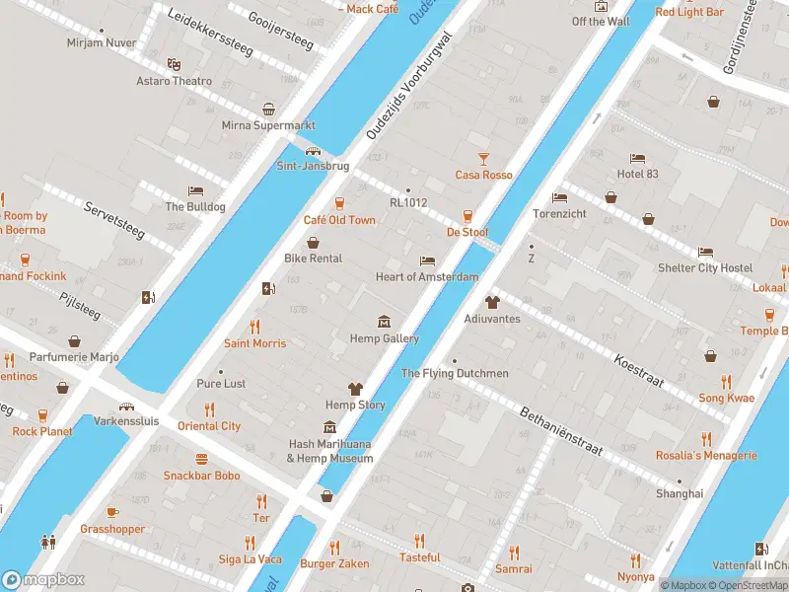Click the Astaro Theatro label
click(x=174, y=81)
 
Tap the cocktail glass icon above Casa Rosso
click(x=483, y=158)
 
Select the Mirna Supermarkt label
click(x=268, y=126)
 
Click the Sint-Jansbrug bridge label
click(x=313, y=166)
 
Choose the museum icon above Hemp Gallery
click(x=385, y=322)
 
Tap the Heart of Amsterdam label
click(x=426, y=277)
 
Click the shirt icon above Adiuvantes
click(x=491, y=302)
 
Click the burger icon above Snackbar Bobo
click(x=201, y=459)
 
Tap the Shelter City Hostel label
click(x=704, y=268)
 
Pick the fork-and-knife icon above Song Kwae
click(x=726, y=381)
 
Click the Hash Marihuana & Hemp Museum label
click(x=329, y=451)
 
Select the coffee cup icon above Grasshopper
click(x=112, y=512)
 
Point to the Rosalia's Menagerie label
click(x=706, y=456)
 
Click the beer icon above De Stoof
click(x=467, y=215)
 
